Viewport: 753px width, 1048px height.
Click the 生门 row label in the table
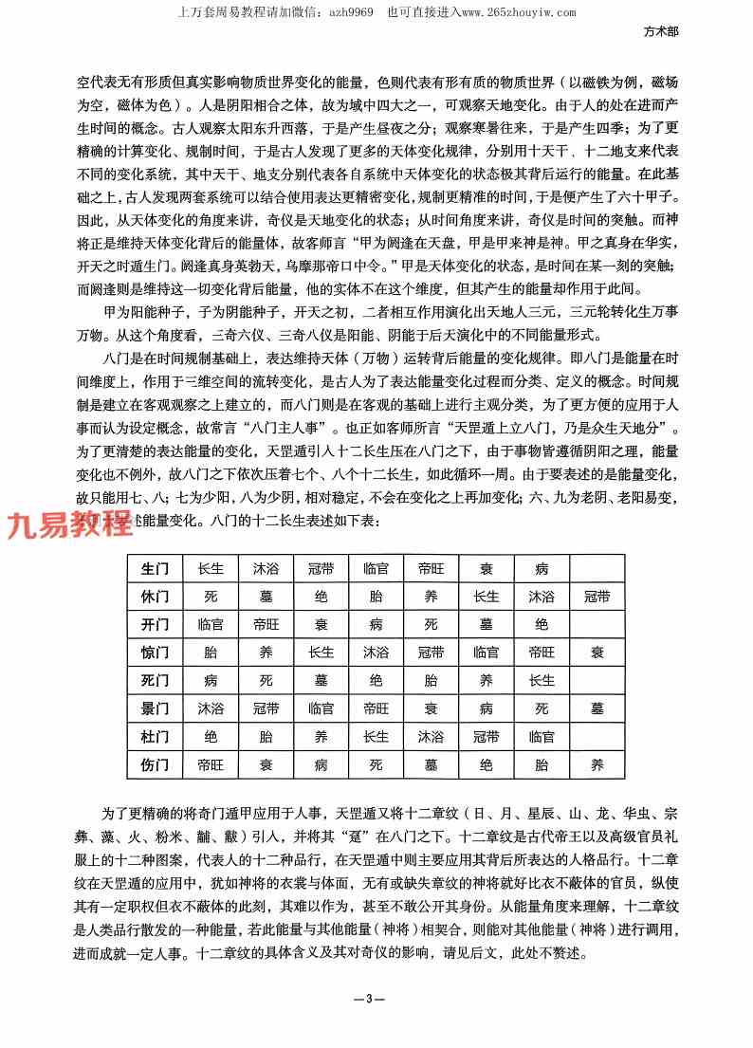pos(155,569)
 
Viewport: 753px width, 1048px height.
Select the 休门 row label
pos(155,598)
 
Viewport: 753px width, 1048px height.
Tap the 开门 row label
pos(155,625)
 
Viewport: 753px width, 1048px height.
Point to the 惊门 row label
pos(155,653)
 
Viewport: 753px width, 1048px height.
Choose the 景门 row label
pos(155,708)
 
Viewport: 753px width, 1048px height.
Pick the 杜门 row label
pos(155,736)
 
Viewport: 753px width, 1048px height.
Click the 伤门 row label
pos(155,763)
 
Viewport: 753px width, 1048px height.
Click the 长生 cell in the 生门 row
pos(211,569)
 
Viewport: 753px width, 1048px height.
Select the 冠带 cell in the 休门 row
pos(597,598)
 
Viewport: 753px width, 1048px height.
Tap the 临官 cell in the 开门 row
pos(211,625)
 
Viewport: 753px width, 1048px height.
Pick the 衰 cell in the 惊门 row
pos(597,653)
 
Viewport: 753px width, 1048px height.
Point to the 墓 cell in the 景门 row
pos(597,708)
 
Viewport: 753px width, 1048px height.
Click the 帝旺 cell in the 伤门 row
pos(211,763)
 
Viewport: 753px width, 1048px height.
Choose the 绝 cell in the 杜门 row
pos(211,736)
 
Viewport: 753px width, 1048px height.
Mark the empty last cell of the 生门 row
pos(597,569)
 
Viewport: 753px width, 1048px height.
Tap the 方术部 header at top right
pos(660,30)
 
